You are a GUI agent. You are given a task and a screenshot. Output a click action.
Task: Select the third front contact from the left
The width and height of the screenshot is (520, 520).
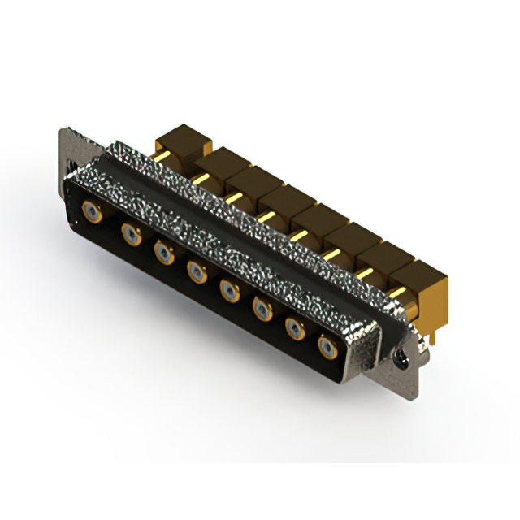coord(163,253)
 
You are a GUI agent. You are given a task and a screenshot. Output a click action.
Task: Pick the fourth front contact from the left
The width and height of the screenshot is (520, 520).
coord(197,271)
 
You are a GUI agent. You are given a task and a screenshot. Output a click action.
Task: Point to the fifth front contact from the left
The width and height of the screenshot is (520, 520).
coord(230,290)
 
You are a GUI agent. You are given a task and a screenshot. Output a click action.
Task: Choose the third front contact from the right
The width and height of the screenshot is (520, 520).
coord(262,308)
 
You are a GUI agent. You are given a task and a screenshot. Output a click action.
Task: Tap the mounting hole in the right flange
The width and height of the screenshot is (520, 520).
coord(401,355)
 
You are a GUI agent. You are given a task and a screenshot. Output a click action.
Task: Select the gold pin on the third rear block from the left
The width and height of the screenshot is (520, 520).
coord(233,196)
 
